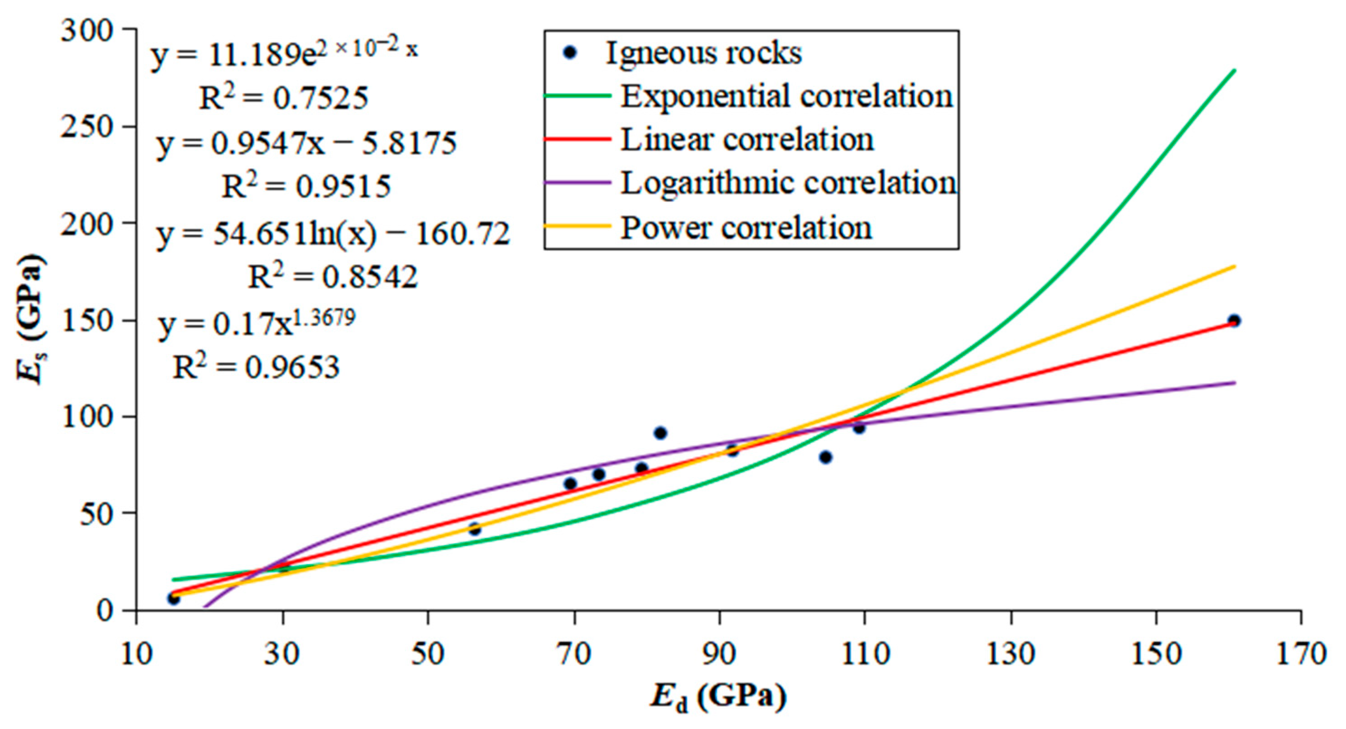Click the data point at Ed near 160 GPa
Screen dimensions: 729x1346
pyautogui.click(x=1234, y=320)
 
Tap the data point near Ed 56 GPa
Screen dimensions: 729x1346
pyautogui.click(x=474, y=529)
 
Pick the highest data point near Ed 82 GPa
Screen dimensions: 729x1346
pyautogui.click(x=661, y=433)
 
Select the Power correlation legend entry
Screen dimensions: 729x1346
pyautogui.click(x=746, y=228)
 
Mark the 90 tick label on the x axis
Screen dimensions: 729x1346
pyautogui.click(x=719, y=654)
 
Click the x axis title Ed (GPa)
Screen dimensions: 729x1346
pyautogui.click(x=719, y=696)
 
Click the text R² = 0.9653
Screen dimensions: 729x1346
pyautogui.click(x=256, y=367)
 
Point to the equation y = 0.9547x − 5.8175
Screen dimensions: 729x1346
pyautogui.click(x=307, y=143)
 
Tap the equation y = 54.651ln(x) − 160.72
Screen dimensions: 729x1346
pyautogui.click(x=333, y=233)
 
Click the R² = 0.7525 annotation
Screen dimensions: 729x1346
pyautogui.click(x=284, y=97)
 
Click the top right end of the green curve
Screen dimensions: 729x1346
pyautogui.click(x=1234, y=70)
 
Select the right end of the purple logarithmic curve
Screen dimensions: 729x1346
pyautogui.click(x=1234, y=383)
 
